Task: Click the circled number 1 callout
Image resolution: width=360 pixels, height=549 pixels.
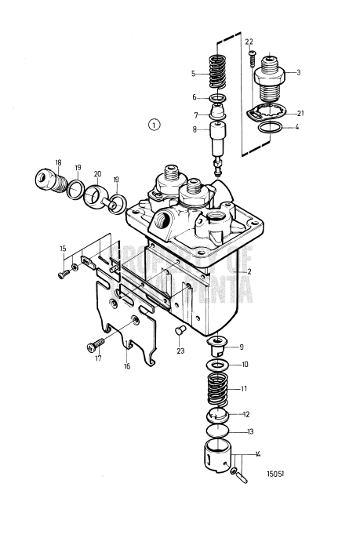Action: pos(155,124)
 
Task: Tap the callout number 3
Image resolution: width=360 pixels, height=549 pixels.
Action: pos(298,71)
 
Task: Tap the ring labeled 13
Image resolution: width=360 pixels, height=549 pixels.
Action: pos(219,432)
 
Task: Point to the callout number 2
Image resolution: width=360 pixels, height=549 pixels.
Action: pos(248,270)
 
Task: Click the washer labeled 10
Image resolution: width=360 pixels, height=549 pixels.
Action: pos(219,365)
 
